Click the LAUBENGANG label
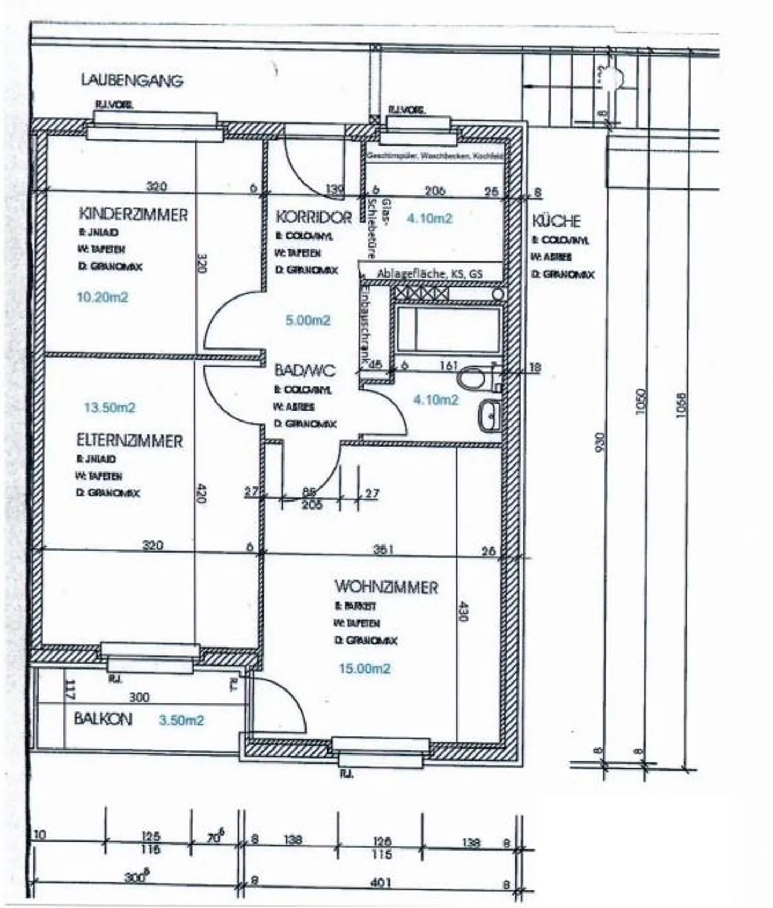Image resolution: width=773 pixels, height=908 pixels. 132,81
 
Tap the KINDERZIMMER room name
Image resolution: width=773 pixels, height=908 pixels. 133,215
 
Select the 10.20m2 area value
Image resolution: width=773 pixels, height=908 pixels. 103,297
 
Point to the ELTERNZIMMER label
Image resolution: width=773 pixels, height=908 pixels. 129,441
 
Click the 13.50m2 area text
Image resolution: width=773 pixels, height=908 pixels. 110,408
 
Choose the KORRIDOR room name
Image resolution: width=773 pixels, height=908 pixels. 313,217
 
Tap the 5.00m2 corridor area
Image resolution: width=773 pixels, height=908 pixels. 308,321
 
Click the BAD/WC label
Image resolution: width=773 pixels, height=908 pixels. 304,371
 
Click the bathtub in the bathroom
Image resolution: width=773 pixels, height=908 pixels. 448,329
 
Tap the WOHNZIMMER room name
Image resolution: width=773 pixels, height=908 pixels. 386,587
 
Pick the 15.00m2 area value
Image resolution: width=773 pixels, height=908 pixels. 364,669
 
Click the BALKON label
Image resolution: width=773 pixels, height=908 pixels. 103,719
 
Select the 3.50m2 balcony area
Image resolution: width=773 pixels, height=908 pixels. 181,720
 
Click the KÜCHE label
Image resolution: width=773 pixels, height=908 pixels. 556,221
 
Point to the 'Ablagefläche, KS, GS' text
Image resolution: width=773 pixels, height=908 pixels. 429,273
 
